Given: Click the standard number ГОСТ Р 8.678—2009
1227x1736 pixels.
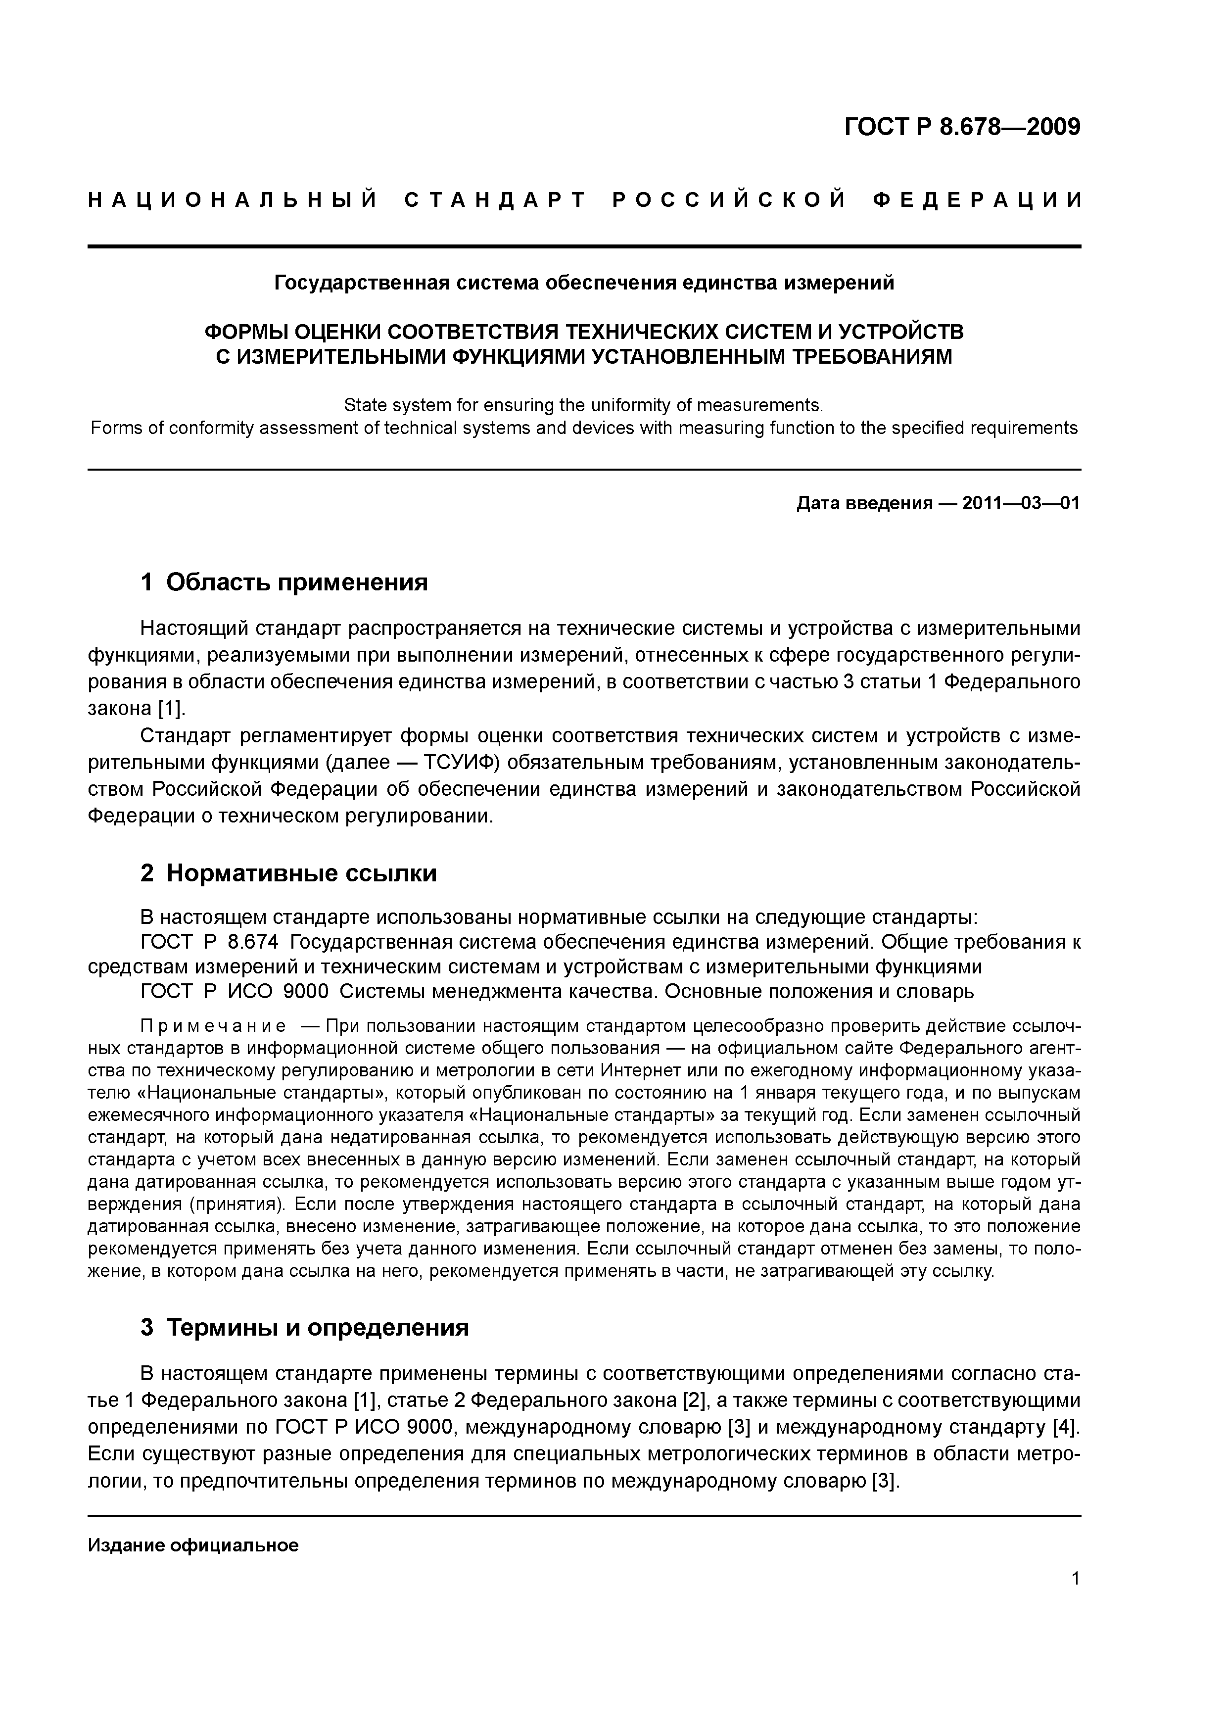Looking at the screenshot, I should pos(962,127).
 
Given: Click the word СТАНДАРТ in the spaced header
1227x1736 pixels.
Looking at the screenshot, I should pos(495,200).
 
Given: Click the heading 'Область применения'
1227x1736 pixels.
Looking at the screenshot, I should pos(296,582).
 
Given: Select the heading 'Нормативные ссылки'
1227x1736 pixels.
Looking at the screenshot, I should pos(301,873).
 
